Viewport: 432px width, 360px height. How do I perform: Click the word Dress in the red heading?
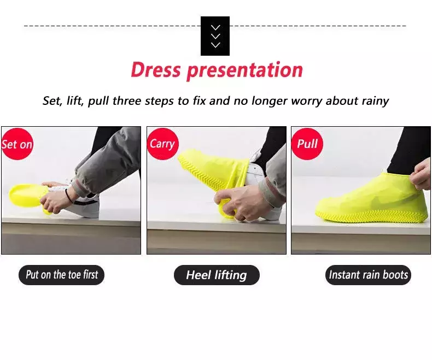[x=156, y=69]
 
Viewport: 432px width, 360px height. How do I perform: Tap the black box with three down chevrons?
[x=215, y=36]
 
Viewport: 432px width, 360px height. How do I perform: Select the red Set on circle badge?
[x=17, y=144]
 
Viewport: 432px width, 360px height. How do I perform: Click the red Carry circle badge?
[x=162, y=144]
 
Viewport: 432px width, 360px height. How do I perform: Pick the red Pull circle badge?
[x=307, y=144]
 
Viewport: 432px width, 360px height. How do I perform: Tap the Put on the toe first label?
[x=62, y=275]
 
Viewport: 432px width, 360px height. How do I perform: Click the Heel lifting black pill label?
[x=217, y=275]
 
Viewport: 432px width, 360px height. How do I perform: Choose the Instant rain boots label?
[x=368, y=275]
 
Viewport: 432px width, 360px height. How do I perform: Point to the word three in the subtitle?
[x=127, y=101]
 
